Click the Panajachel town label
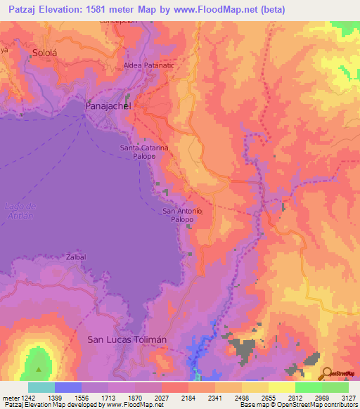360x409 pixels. (x=108, y=105)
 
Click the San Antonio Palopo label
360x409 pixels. (x=182, y=215)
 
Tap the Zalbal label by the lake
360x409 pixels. (x=76, y=257)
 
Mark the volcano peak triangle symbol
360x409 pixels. (x=39, y=368)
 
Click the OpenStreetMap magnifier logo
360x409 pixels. (x=326, y=372)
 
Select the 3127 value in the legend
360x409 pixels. (x=348, y=398)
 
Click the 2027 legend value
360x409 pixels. (x=161, y=398)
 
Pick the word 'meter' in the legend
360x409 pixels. (x=9, y=398)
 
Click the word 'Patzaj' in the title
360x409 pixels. (x=20, y=9)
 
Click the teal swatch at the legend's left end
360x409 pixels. (x=41, y=387)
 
